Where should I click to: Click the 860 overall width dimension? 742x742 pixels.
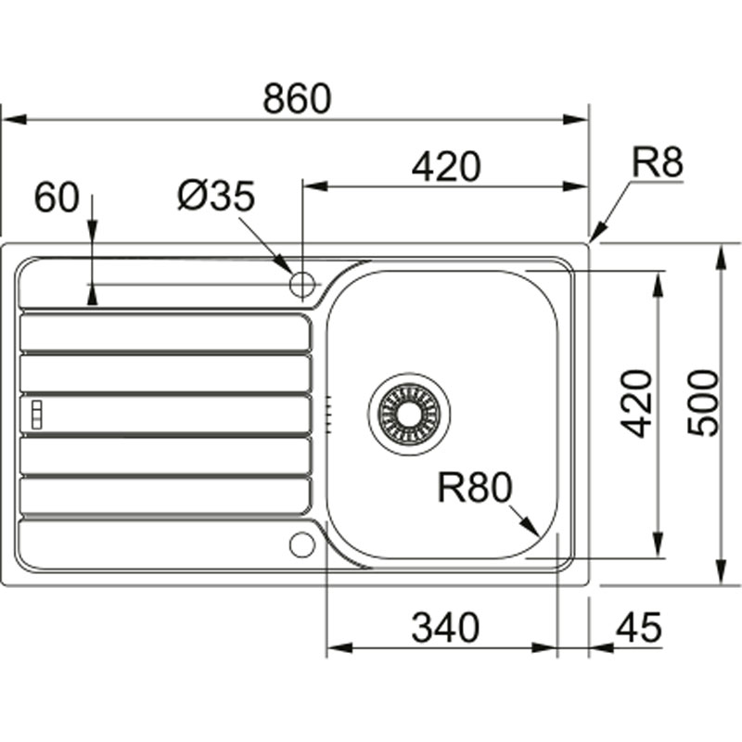click(x=296, y=99)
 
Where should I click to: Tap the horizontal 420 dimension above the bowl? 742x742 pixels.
click(x=446, y=167)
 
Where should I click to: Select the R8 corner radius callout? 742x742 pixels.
click(x=657, y=163)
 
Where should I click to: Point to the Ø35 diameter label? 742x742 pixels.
click(x=215, y=196)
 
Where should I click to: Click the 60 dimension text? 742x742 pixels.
click(x=57, y=198)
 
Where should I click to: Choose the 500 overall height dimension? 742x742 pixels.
click(x=704, y=403)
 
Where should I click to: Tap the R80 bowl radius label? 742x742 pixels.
click(x=475, y=488)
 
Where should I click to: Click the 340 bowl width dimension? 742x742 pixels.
click(x=445, y=629)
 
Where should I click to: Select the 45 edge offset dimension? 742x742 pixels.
click(x=639, y=629)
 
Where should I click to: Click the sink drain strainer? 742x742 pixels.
click(x=409, y=409)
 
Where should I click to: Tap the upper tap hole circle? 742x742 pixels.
click(x=302, y=285)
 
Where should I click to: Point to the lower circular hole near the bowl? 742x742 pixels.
click(x=301, y=544)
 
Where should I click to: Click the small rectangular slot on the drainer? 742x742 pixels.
click(x=37, y=415)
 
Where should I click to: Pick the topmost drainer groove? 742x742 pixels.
click(x=165, y=333)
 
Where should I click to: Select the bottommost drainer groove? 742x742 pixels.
click(x=165, y=496)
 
